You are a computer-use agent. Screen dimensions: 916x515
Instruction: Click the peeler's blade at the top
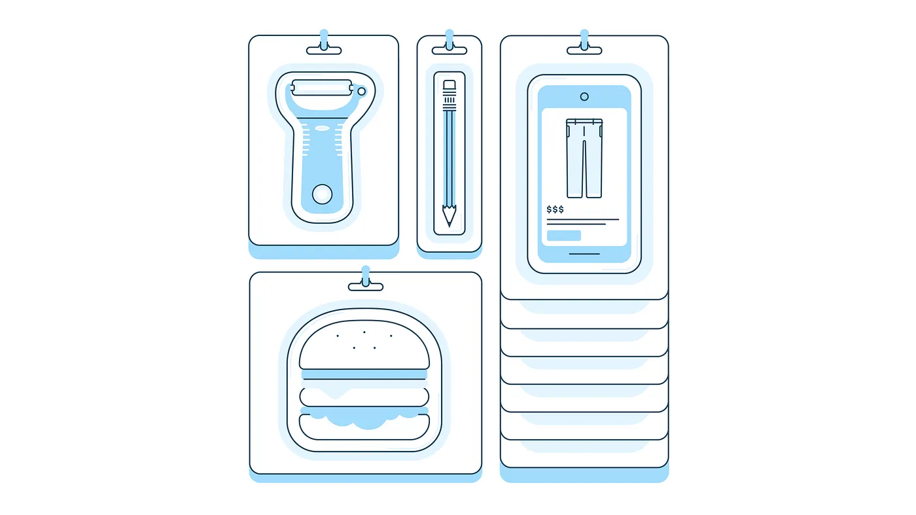click(322, 88)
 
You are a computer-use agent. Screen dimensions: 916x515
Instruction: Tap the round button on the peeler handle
click(322, 194)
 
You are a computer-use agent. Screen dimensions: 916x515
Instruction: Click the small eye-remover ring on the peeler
click(361, 91)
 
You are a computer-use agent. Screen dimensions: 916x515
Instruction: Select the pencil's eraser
click(449, 84)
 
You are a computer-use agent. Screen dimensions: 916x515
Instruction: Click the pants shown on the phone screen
click(584, 158)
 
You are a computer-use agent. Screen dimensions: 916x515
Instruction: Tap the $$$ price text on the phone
click(555, 209)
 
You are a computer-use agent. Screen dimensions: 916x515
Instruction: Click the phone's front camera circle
click(584, 97)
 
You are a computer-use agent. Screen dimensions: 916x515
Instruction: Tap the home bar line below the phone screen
click(584, 254)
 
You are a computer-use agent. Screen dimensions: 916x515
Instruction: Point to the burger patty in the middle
click(364, 397)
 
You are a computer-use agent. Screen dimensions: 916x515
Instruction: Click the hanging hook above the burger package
click(366, 279)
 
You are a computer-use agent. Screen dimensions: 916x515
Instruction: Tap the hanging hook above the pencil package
click(449, 43)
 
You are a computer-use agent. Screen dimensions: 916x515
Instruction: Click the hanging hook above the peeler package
click(324, 43)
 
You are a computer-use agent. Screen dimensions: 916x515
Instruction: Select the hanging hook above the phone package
click(584, 43)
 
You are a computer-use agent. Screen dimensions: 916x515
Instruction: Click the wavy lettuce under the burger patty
click(364, 419)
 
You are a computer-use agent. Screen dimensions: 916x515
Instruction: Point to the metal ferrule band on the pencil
click(449, 100)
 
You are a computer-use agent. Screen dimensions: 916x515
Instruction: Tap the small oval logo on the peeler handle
click(322, 128)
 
